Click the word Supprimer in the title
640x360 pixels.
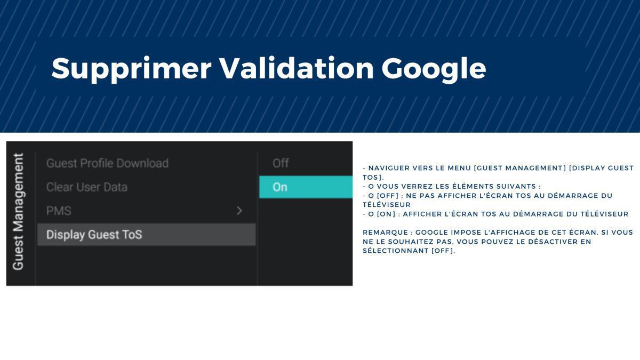point(131,68)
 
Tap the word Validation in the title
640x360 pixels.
point(297,68)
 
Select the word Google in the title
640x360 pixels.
point(433,68)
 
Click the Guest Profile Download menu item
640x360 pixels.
point(107,163)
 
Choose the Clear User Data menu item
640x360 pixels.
point(87,187)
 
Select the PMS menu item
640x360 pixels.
point(59,211)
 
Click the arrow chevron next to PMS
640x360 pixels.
point(239,211)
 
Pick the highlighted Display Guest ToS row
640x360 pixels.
point(146,235)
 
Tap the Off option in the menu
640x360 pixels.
point(281,163)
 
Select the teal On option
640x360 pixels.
point(306,187)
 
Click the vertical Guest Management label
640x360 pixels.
point(19,212)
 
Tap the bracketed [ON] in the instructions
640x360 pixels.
point(386,214)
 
